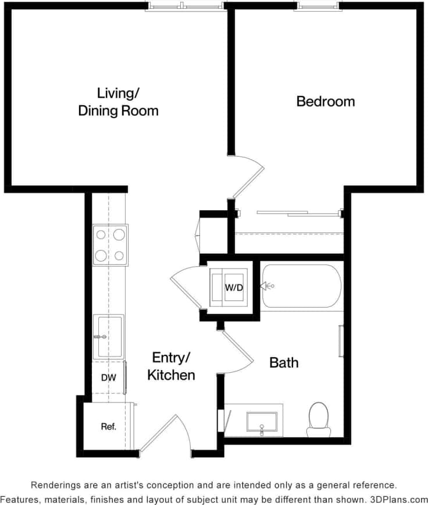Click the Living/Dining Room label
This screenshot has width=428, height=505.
118,101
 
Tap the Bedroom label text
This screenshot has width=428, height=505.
325,101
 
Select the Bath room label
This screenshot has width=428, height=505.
284,362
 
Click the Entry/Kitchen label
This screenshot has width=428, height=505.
171,366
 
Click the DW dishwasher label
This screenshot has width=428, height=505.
108,377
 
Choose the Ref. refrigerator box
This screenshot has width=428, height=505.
108,426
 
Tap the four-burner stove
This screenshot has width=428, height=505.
110,245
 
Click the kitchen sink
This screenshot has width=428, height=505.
109,336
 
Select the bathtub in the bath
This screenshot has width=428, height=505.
301,286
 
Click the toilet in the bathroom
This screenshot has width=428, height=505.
319,418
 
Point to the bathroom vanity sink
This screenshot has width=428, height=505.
262,421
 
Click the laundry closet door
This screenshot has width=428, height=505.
187,280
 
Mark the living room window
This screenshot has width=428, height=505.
184,6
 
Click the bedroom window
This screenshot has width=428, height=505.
318,6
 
